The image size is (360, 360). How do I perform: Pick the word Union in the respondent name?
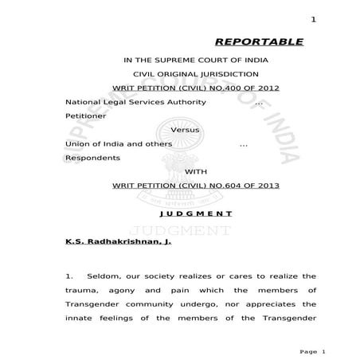coord(76,143)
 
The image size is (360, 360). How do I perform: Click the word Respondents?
coord(92,158)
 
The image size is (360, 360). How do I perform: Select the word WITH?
coord(195,171)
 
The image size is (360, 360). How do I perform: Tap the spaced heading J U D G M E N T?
coord(196,213)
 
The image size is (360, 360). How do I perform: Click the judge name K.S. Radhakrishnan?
coord(113,240)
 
